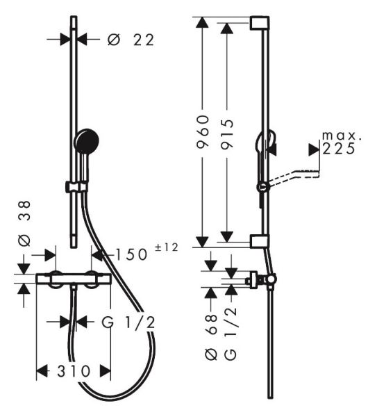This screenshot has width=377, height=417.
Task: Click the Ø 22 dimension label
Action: coord(131,40)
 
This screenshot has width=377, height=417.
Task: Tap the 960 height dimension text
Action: coord(203,131)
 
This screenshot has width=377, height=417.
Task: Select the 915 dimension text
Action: coord(228,133)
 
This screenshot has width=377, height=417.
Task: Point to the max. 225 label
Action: coord(342,142)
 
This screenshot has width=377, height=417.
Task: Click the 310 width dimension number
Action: coord(74,371)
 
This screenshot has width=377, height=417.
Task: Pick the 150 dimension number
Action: coord(131,254)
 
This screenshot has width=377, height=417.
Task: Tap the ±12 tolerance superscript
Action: coord(167,247)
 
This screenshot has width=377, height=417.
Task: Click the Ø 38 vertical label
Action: coord(24,223)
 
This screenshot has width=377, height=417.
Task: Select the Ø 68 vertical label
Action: coord(212,337)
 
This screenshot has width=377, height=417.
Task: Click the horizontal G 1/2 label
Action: coord(128,322)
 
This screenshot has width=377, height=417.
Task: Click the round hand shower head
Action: coord(87,140)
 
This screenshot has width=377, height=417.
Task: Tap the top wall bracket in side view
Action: coord(260,23)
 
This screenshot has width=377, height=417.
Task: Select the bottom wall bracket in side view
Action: coord(260,241)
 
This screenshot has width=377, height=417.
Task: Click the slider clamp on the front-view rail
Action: coord(76,187)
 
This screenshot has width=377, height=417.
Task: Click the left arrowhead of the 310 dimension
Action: coord(42,371)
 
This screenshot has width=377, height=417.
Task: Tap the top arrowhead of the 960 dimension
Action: coord(202,22)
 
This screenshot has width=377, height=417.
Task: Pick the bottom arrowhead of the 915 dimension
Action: coord(227,237)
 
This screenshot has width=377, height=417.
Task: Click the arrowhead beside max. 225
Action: coord(314,149)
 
